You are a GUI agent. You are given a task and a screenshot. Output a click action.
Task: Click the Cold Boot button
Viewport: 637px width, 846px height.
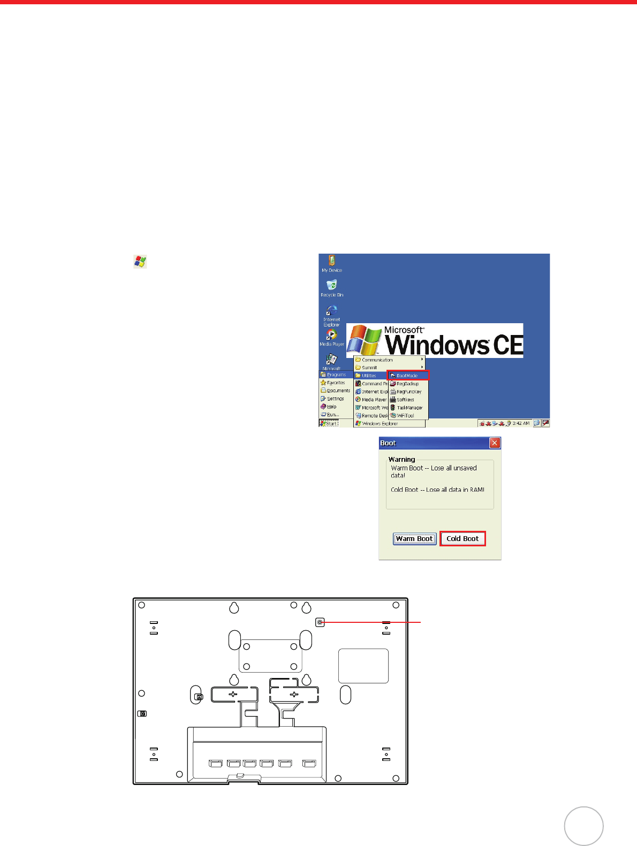pos(462,539)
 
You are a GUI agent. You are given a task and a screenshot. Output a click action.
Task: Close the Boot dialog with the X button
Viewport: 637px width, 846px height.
pos(495,443)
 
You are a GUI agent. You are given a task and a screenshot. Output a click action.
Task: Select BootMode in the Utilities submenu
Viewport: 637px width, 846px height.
pos(408,376)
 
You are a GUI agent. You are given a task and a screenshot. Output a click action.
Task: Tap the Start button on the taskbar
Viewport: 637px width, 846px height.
pos(329,423)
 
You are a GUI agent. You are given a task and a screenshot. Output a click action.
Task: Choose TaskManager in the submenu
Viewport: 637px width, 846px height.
pos(408,408)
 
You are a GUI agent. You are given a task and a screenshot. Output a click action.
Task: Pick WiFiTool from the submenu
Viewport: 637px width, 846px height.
pos(405,416)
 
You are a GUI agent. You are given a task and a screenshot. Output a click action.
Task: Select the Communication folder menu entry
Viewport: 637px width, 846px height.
pos(377,360)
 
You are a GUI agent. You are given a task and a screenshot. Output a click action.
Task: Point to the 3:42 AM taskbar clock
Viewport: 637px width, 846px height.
pos(520,423)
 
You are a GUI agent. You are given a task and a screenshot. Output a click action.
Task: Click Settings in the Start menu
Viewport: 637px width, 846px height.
pos(335,399)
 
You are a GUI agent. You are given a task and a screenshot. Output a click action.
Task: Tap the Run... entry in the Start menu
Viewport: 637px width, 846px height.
pos(332,415)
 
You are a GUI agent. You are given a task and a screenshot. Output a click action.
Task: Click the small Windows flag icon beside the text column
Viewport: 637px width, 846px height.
pos(140,262)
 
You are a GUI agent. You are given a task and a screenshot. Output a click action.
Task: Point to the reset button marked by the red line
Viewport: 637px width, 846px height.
pos(320,622)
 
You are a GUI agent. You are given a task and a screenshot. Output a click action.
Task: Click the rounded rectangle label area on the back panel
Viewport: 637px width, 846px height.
pos(363,666)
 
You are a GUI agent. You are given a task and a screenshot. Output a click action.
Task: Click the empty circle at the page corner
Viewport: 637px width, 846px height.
pos(583,826)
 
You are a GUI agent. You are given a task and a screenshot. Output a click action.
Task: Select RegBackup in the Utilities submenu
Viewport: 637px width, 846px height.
pos(407,384)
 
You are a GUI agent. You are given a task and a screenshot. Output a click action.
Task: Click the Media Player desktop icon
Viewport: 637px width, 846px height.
pos(332,337)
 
